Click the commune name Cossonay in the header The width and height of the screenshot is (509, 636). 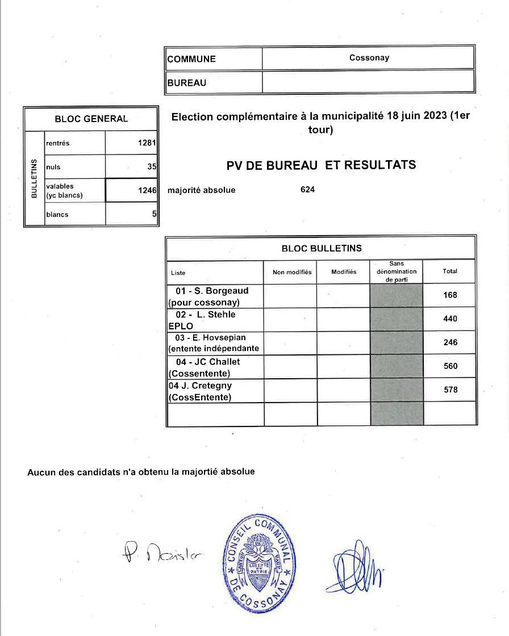point(369,58)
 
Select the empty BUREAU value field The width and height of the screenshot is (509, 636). point(368,82)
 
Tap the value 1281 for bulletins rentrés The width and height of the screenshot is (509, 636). point(147,143)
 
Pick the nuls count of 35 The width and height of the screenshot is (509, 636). point(151,167)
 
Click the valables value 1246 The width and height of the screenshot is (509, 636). point(147,191)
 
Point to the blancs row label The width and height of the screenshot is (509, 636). point(57,215)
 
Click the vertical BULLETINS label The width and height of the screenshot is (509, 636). point(34,178)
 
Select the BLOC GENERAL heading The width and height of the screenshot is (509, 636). point(91,119)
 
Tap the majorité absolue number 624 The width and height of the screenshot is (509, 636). point(307,190)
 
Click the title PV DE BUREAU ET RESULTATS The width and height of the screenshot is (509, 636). point(321,165)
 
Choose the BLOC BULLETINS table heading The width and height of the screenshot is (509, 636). point(321,248)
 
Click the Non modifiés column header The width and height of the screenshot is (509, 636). point(292,272)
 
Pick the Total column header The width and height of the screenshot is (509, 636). point(449,271)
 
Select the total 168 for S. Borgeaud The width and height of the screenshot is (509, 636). point(449,295)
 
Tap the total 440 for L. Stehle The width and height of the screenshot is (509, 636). point(449,319)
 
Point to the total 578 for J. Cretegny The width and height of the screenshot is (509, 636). point(449,390)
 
